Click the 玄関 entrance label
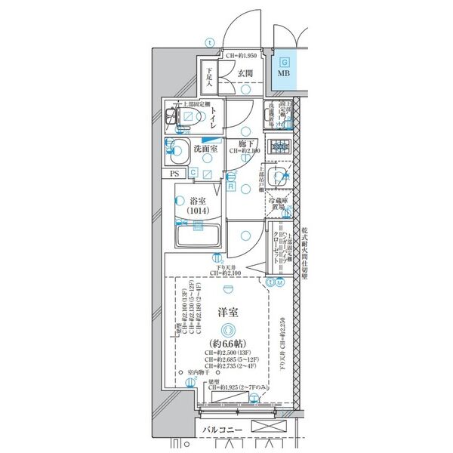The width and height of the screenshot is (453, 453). (245, 73)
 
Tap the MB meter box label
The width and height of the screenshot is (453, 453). (282, 74)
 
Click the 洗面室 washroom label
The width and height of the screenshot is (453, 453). (205, 149)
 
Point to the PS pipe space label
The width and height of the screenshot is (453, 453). (175, 173)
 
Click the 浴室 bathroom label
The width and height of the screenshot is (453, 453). (199, 202)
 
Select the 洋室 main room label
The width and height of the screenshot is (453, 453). (227, 310)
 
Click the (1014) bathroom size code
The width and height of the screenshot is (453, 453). (199, 213)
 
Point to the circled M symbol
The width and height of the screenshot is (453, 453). (280, 282)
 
